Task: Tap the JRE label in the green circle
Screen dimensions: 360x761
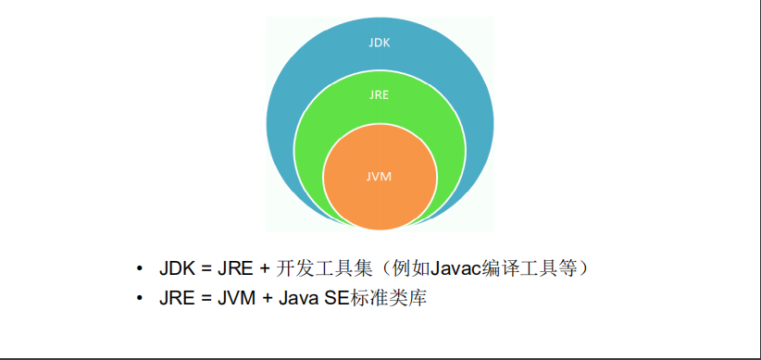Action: click(380, 93)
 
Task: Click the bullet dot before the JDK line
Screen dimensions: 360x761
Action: click(139, 269)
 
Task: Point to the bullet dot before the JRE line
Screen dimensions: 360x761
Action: click(139, 298)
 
